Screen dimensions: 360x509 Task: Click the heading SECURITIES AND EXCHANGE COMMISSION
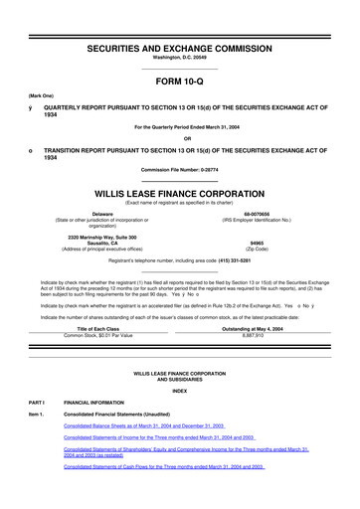click(x=179, y=48)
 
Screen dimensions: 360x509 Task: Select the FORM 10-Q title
click(x=179, y=84)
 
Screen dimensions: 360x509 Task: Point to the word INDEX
click(x=179, y=419)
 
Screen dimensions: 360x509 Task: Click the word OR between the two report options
click(x=179, y=137)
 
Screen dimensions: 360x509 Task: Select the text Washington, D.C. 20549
click(x=179, y=58)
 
